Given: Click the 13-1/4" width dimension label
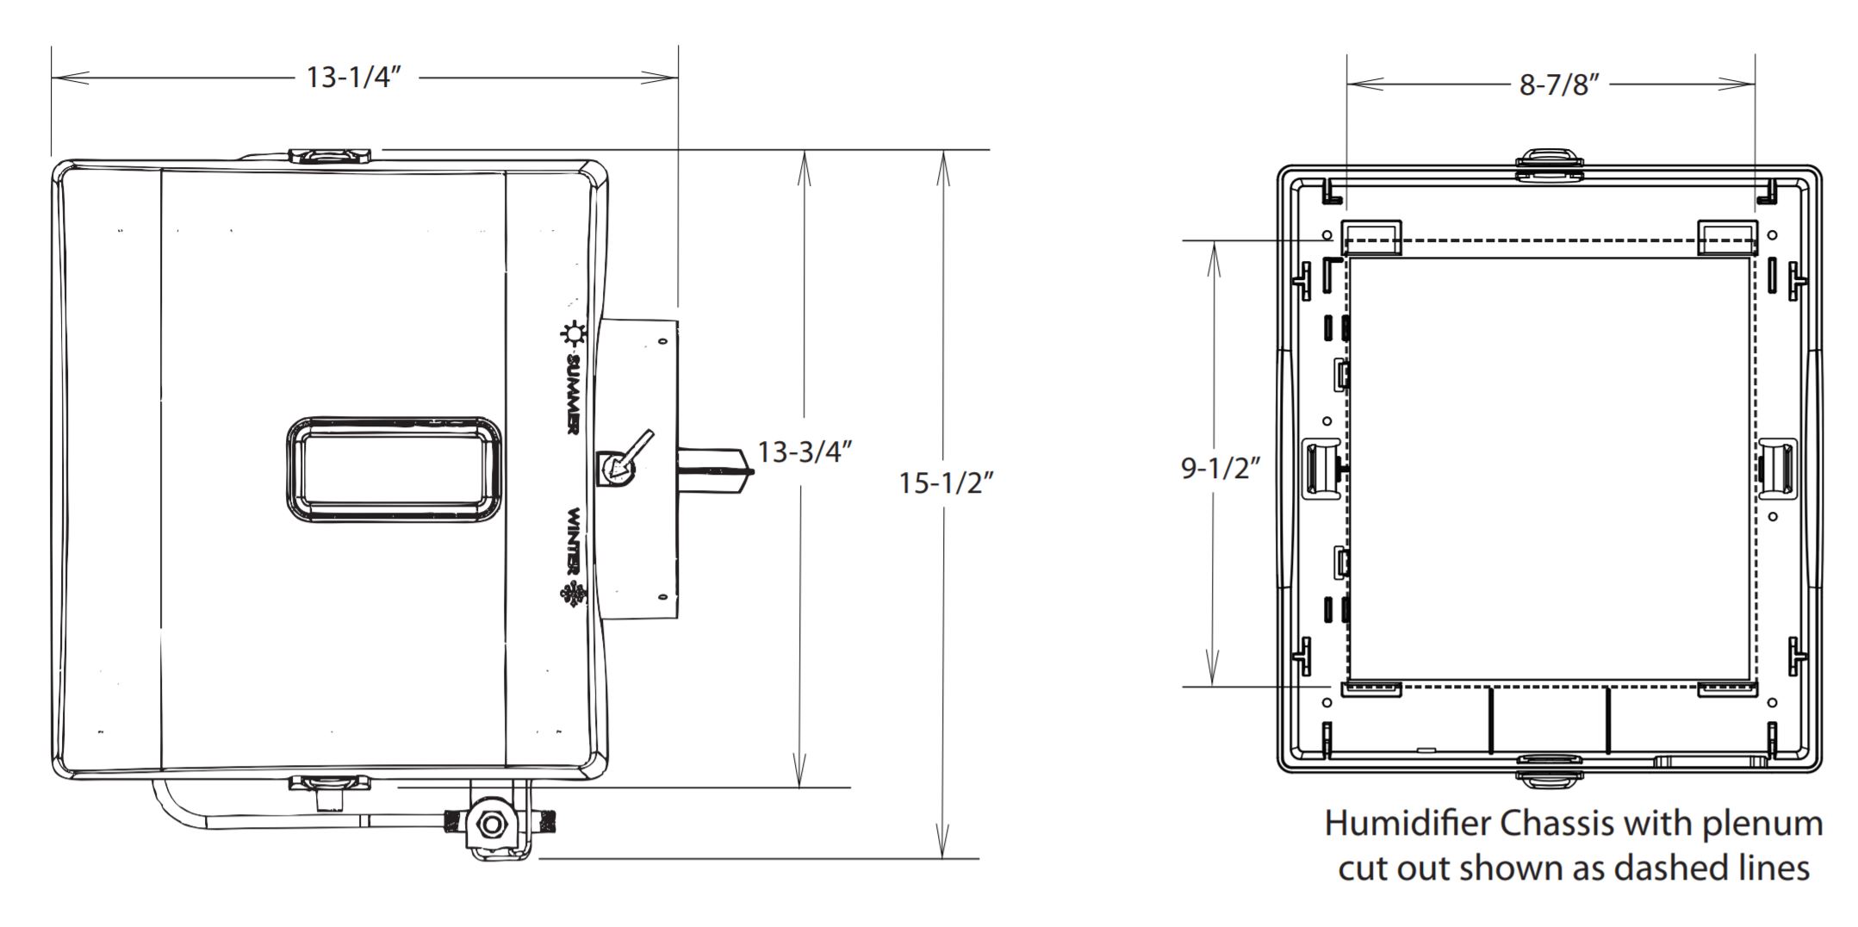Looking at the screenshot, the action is tap(353, 78).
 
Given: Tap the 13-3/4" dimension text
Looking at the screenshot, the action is tap(805, 451).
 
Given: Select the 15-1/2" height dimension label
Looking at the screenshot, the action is tap(946, 482).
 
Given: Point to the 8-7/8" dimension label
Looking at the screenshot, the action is tap(1559, 85).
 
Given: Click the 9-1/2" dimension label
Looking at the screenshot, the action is tap(1220, 468).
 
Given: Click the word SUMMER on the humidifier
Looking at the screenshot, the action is tap(573, 392).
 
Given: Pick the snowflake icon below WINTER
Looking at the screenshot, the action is tap(572, 594).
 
